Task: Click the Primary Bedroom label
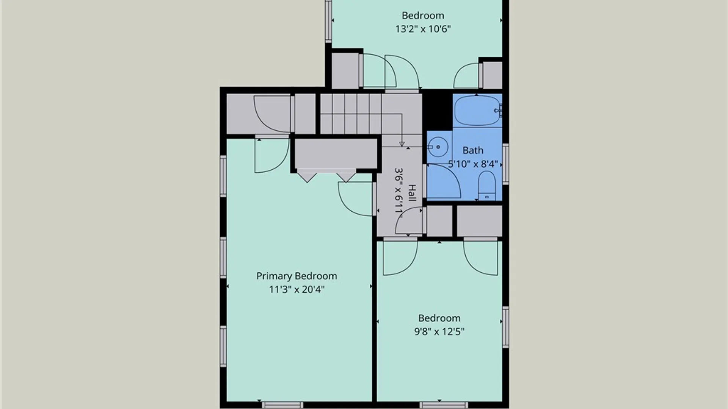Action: coord(297,276)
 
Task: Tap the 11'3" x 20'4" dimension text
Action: coord(297,290)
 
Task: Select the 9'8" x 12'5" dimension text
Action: coord(439,332)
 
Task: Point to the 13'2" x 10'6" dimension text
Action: coord(423,29)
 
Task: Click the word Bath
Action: coord(473,150)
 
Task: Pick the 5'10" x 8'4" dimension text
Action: coord(473,164)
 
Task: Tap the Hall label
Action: coord(412,193)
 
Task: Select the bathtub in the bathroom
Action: coord(478,111)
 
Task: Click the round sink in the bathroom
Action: coord(438,147)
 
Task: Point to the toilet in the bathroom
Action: coord(486,186)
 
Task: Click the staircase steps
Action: coord(351,114)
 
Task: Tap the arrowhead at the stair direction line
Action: coord(402,144)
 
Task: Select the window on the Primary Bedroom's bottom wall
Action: coord(282,405)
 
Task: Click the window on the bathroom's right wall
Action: coord(505,164)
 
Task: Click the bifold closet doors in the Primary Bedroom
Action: coord(326,175)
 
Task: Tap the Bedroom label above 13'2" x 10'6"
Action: coord(423,16)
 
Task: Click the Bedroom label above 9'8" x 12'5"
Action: coord(439,318)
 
